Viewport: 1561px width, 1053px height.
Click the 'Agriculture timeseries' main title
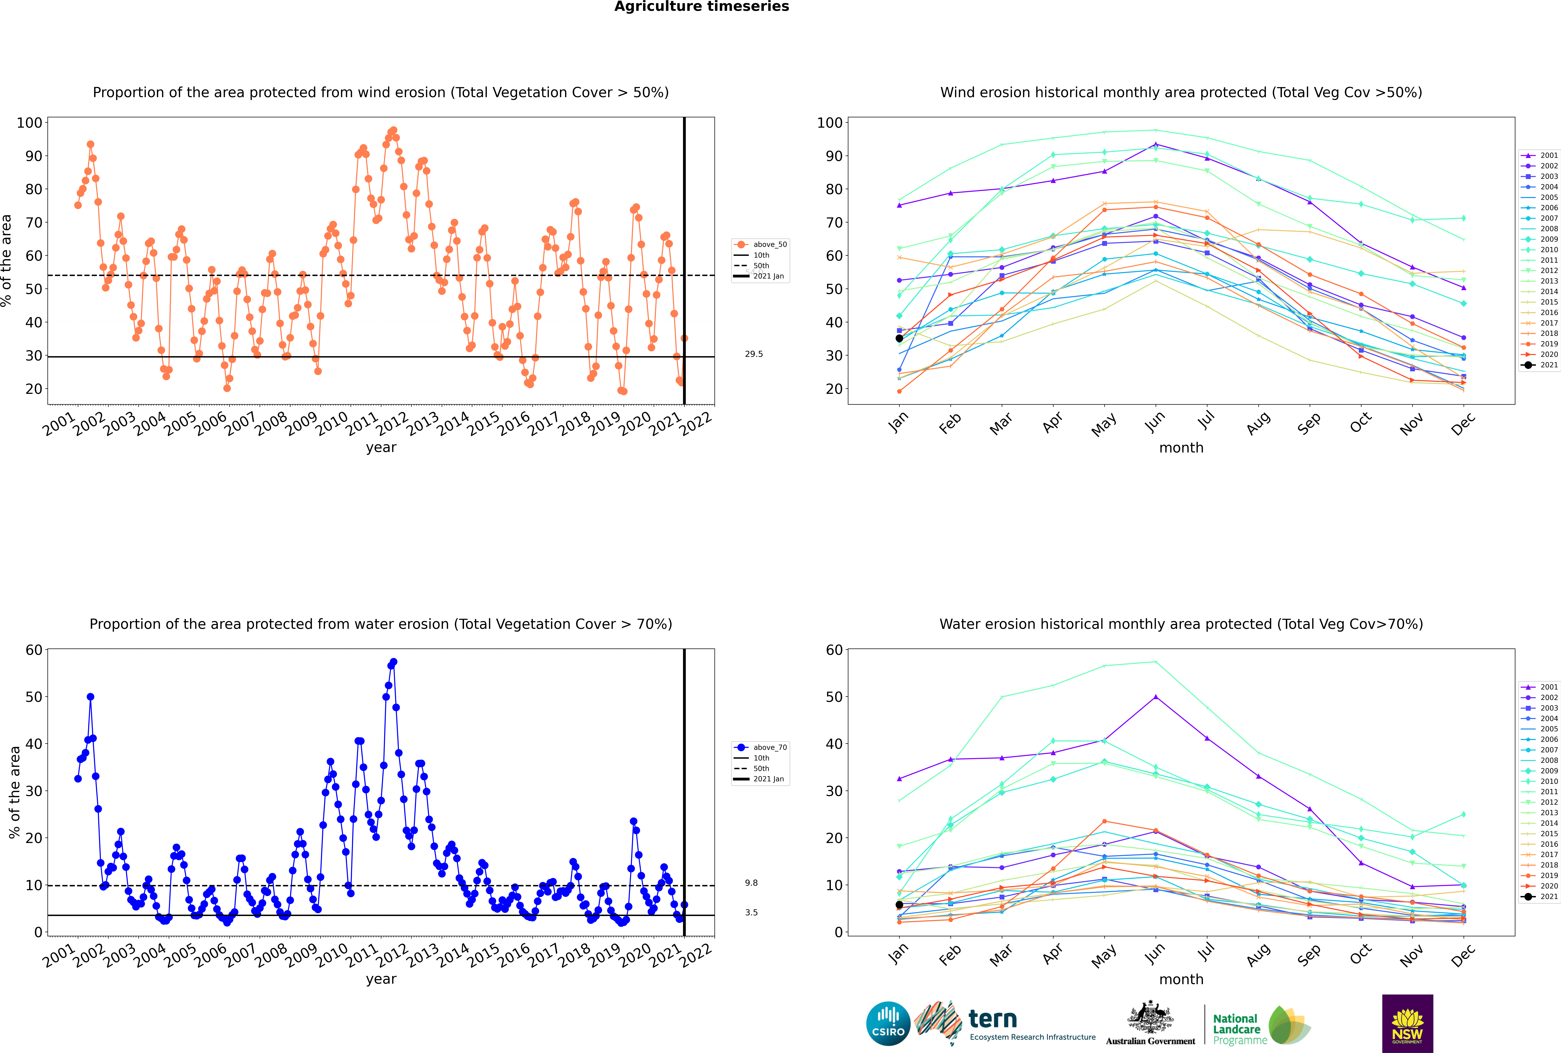coord(701,7)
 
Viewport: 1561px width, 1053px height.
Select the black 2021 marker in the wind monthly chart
coord(899,338)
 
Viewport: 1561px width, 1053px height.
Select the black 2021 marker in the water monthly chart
coord(899,905)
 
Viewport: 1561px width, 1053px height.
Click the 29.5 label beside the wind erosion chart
coord(754,354)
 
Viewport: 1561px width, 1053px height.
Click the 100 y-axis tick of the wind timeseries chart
coord(29,123)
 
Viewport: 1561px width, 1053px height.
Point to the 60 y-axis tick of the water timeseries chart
coord(34,650)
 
